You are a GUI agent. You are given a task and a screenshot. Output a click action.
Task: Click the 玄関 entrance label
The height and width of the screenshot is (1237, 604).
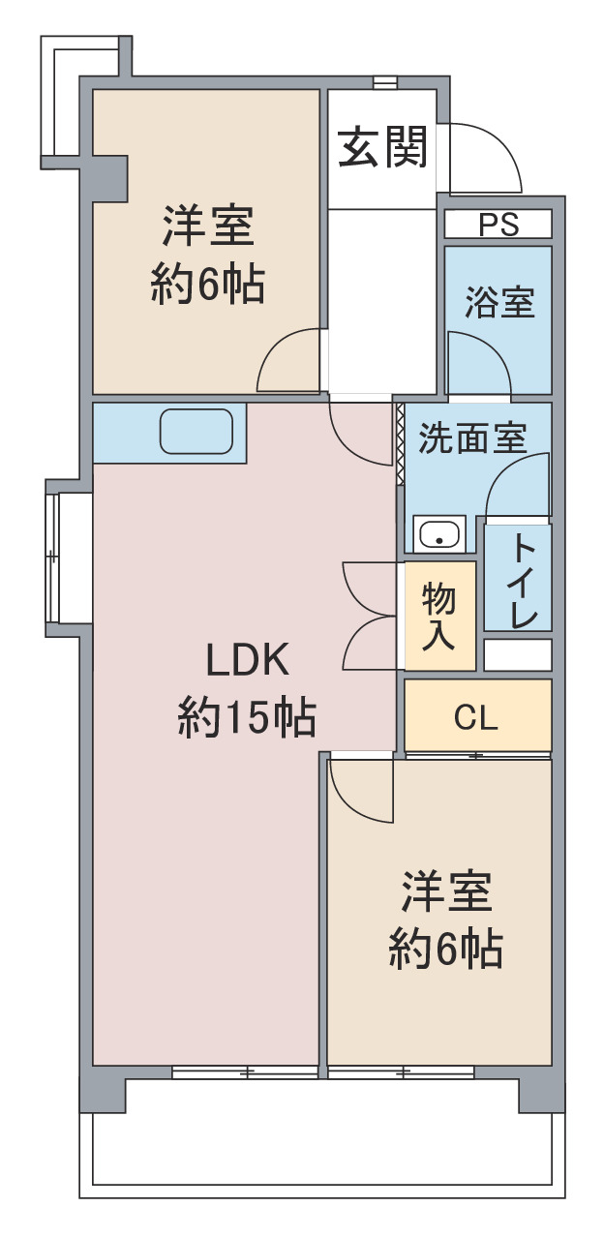382,147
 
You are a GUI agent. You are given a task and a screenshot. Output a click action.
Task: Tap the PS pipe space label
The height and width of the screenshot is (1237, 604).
498,225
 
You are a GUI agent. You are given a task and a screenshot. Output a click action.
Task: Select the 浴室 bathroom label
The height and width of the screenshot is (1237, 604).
499,302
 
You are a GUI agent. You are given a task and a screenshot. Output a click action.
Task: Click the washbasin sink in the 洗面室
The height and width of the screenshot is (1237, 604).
438,534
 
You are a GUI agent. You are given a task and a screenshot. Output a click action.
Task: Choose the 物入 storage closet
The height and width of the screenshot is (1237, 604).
439,616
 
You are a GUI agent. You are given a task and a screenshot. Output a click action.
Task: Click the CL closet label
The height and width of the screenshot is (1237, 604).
475,718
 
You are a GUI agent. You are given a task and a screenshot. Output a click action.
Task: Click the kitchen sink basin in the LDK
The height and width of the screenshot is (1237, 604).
196,432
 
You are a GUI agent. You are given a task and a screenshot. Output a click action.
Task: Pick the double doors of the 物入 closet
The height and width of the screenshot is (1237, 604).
370,616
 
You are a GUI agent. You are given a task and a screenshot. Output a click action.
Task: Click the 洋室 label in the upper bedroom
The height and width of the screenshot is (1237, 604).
208,226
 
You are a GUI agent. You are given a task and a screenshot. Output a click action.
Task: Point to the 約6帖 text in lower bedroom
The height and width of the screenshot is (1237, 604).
445,950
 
